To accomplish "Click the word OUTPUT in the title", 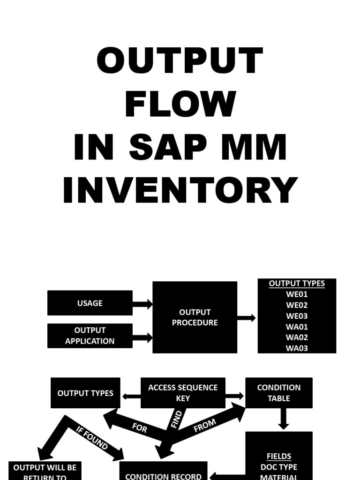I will [x=180, y=62].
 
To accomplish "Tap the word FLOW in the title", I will [x=180, y=104].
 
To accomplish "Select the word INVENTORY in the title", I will [x=180, y=190].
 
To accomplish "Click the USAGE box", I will [x=90, y=303].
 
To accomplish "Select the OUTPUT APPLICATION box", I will [x=90, y=336].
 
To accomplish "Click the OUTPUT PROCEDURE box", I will [x=195, y=317].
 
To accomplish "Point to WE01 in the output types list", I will [x=297, y=294].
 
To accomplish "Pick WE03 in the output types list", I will [x=297, y=316].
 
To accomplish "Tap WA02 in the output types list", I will [x=297, y=337].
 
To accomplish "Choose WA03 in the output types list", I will [x=297, y=348].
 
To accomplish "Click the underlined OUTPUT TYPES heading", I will [x=297, y=284].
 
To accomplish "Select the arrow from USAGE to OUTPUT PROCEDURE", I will [x=142, y=304].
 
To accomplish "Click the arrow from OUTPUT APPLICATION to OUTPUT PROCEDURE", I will [x=142, y=337].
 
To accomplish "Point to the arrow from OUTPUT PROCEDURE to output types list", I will [x=247, y=318].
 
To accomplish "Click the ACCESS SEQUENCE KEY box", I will [x=183, y=393].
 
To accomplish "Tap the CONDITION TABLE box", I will [x=279, y=393].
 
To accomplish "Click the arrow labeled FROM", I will [x=205, y=426].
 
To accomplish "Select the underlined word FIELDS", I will [x=279, y=456].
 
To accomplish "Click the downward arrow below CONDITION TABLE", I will [x=283, y=419].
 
